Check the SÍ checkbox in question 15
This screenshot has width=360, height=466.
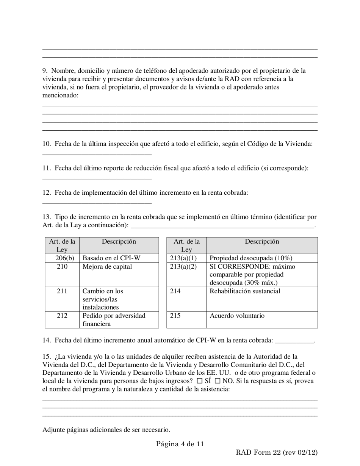tap(200, 381)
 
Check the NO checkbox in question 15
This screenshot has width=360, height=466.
tap(218, 381)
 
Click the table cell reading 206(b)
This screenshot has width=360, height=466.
tap(62, 258)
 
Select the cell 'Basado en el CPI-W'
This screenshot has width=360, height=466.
tap(119, 258)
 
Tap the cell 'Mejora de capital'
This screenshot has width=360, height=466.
tap(119, 275)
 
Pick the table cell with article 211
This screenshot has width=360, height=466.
tap(62, 299)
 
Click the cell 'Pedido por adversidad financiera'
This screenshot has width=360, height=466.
tap(119, 320)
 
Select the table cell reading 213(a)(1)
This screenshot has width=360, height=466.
tap(186, 258)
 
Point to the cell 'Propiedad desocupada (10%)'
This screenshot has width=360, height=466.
tap(262, 258)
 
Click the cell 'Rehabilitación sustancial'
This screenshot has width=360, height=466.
tap(262, 299)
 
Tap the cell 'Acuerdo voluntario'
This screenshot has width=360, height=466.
tap(262, 320)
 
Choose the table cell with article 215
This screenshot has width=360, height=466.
tap(186, 320)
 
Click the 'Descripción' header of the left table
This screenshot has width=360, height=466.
tap(119, 246)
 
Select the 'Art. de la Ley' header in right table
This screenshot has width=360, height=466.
tap(186, 246)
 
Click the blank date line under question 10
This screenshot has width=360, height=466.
tap(97, 154)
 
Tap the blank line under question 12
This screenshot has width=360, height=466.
tap(97, 203)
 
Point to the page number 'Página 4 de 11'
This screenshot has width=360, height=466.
tap(180, 444)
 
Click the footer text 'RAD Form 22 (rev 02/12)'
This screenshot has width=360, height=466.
tap(277, 452)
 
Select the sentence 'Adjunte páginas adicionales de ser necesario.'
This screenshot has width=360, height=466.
tap(106, 430)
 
